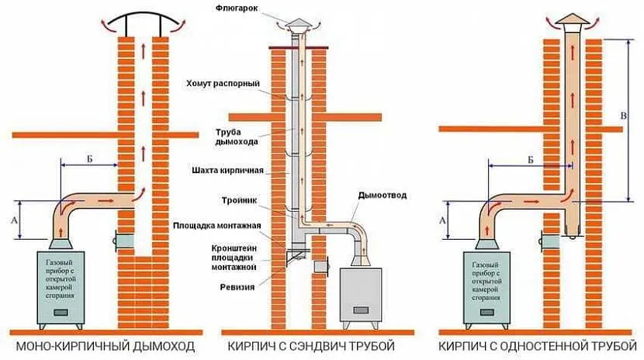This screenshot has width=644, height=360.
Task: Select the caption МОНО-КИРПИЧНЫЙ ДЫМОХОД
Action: click(x=103, y=344)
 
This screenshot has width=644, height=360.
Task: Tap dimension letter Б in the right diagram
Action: click(x=529, y=158)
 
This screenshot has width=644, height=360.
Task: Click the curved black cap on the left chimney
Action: click(x=140, y=17)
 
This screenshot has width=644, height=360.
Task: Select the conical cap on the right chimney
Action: click(x=572, y=19)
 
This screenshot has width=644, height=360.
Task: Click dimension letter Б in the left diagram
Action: click(x=90, y=158)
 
